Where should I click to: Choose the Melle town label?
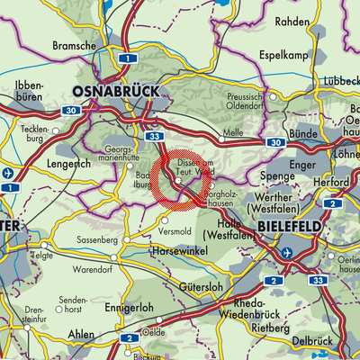point(233,132)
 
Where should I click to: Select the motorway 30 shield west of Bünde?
point(274,142)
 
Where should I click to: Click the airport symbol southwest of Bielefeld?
point(286,255)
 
